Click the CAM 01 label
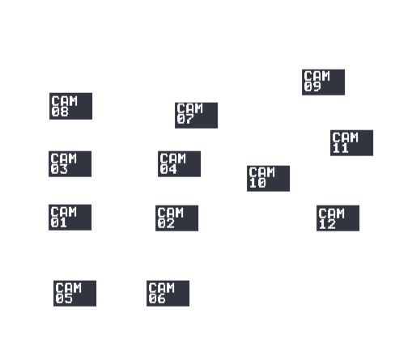tap(70, 218)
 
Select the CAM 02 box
tap(176, 218)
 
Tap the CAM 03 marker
tap(70, 164)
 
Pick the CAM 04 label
tap(179, 164)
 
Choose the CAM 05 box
tap(74, 294)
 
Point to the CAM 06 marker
tap(168, 294)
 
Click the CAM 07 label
tap(196, 116)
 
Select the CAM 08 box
tap(70, 106)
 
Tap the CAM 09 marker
tap(323, 83)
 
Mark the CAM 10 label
tap(268, 179)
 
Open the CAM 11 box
tap(351, 143)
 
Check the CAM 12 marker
tap(338, 218)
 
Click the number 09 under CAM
tap(312, 87)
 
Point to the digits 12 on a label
tap(327, 224)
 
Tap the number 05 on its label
tap(64, 299)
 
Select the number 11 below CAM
tap(341, 148)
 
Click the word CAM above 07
tap(189, 108)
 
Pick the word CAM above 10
tap(261, 172)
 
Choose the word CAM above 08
tap(64, 101)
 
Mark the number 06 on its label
tap(157, 299)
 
